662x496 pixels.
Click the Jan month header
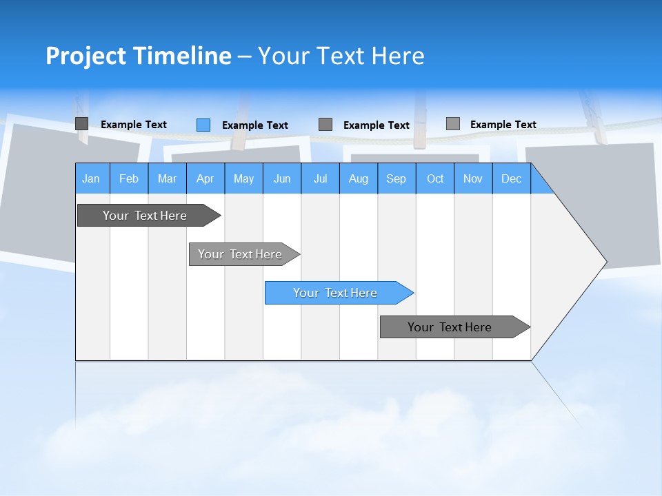(x=92, y=178)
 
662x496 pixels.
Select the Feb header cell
(x=129, y=178)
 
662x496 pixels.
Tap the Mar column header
(x=167, y=178)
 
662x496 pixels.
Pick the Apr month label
(x=205, y=178)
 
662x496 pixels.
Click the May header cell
(x=243, y=178)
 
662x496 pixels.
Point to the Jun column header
(x=282, y=178)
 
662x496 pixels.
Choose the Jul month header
(x=320, y=178)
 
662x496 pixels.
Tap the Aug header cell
(x=359, y=178)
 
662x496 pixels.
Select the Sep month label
(x=397, y=178)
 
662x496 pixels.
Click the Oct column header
(x=435, y=178)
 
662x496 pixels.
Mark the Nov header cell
(x=473, y=178)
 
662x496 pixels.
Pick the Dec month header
(x=512, y=178)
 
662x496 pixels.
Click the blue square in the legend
(x=203, y=125)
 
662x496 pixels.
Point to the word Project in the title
(x=86, y=56)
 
